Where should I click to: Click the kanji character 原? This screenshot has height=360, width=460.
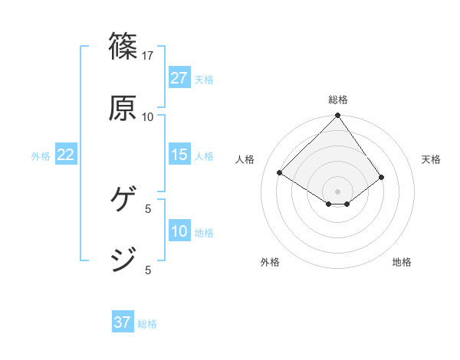coord(123,108)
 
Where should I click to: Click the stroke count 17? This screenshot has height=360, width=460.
coord(148,56)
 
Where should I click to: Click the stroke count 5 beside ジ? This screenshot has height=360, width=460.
coord(148,270)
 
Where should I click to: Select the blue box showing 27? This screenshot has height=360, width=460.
coord(179,78)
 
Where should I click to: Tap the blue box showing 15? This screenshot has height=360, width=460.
coord(179,155)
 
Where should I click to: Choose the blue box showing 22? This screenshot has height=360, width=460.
coord(66,155)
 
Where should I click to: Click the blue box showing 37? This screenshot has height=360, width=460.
coord(123,322)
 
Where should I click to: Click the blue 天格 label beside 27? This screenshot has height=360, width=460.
coord(204,80)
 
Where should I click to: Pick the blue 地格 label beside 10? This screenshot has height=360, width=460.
coord(204,233)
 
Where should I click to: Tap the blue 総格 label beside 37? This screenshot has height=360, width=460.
coord(147,324)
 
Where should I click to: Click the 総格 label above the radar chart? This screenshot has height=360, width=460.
coord(338,100)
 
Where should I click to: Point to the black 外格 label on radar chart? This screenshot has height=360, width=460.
coord(270,262)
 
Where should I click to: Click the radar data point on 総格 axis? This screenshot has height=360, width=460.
coord(338,116)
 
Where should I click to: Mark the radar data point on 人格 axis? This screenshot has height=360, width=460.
coord(280,173)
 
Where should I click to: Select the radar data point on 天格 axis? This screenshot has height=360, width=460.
coord(382,177)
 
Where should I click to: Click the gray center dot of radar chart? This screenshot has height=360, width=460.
coord(338,191)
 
